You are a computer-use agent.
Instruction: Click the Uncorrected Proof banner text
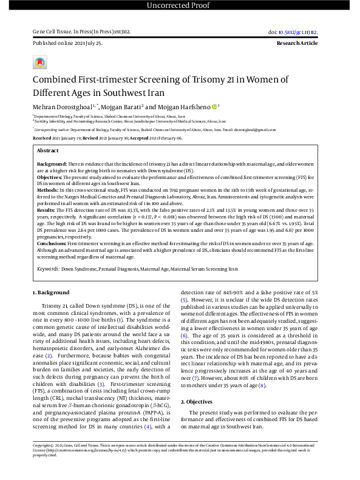180,6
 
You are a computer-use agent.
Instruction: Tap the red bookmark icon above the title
40,63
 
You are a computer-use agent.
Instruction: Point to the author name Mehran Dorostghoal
63,107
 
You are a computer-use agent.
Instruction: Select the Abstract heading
48,150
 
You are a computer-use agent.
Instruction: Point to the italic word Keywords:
48,268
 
